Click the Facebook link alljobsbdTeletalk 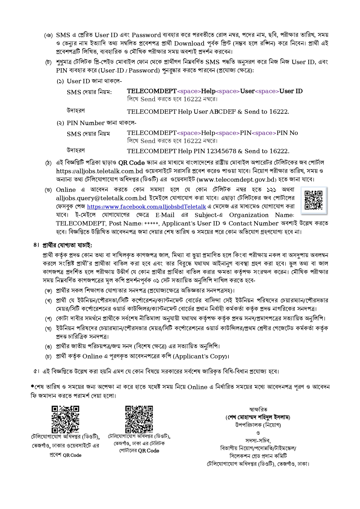(146, 207)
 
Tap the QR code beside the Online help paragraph (314, 200)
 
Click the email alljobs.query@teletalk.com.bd (101, 198)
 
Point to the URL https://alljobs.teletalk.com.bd (100, 171)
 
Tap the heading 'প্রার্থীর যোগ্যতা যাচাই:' (67, 245)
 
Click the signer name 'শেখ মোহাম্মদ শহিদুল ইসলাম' (258, 418)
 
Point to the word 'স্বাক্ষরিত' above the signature (258, 409)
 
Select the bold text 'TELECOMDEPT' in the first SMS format (152, 91)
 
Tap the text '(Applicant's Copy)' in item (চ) (201, 356)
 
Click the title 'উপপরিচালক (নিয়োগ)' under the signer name (258, 425)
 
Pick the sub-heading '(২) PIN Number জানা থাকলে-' (97, 123)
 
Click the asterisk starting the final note (32, 386)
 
